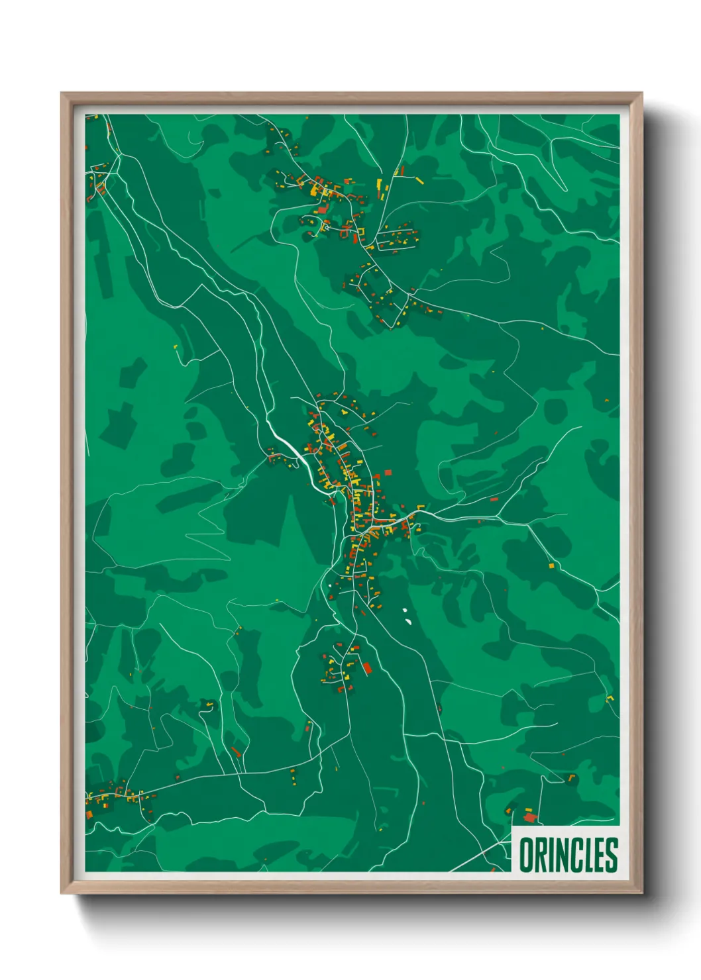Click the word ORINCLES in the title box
coord(568,855)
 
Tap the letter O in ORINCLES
coord(525,855)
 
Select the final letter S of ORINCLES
coord(611,855)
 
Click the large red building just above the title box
coord(529,817)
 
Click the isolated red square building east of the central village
coord(388,472)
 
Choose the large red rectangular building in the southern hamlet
coord(367,667)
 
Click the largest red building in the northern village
coord(323,209)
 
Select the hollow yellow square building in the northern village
coord(325,227)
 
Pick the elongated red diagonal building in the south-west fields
coord(235,752)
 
